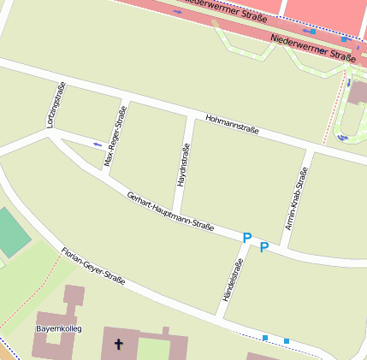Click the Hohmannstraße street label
pyautogui.click(x=232, y=125)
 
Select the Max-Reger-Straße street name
pyautogui.click(x=115, y=136)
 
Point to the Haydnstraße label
pyautogui.click(x=182, y=166)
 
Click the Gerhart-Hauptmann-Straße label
pyautogui.click(x=169, y=211)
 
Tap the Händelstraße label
pyautogui.click(x=228, y=281)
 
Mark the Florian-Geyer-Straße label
pyautogui.click(x=93, y=266)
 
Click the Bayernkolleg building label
pyautogui.click(x=57, y=328)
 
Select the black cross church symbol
pyautogui.click(x=118, y=346)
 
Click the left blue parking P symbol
pyautogui.click(x=246, y=238)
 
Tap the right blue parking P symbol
pyautogui.click(x=264, y=247)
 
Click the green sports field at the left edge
pyautogui.click(x=10, y=232)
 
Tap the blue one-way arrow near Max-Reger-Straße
pyautogui.click(x=98, y=144)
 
